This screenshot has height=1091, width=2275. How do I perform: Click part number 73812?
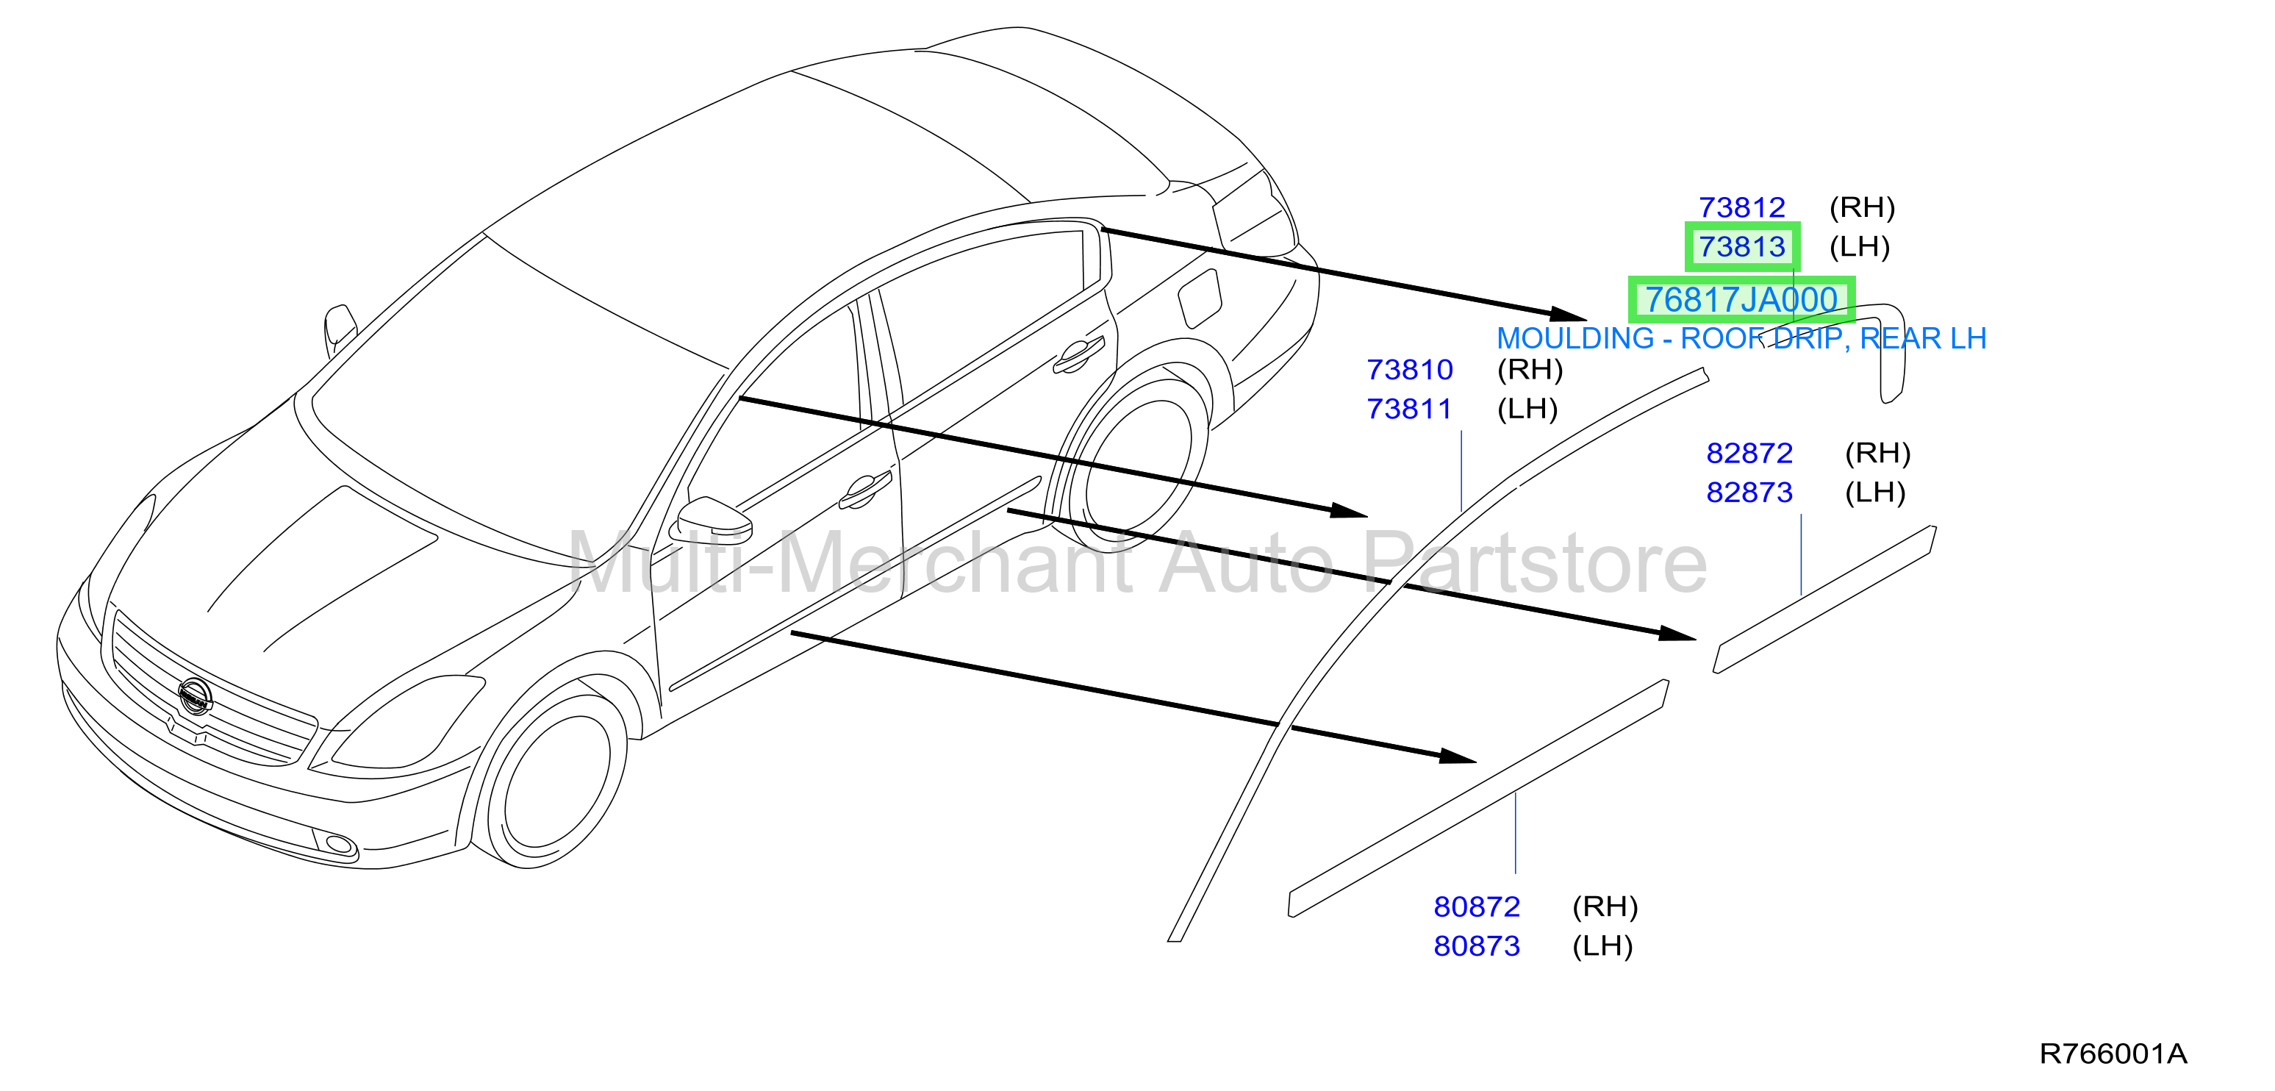coord(1741,207)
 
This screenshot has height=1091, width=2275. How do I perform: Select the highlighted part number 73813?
coord(1741,246)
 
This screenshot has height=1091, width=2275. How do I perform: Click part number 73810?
coord(1410,369)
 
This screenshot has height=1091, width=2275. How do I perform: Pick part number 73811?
coord(1410,409)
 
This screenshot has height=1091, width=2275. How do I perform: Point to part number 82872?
coord(1749,453)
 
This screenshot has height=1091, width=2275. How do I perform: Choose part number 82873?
coord(1749,492)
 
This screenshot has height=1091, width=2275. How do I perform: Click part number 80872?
coord(1477,906)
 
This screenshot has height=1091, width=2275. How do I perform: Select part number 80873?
coord(1477,946)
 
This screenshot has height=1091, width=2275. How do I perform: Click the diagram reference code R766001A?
coord(2113,1054)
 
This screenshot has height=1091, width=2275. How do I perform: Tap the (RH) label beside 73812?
coord(1863,207)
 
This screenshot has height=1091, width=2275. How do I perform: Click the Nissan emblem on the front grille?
coord(194,696)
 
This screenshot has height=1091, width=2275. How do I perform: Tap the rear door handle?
coord(1078,354)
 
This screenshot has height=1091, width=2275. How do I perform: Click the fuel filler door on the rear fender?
coord(1200,298)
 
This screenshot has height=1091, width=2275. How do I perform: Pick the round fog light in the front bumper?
coord(339,845)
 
